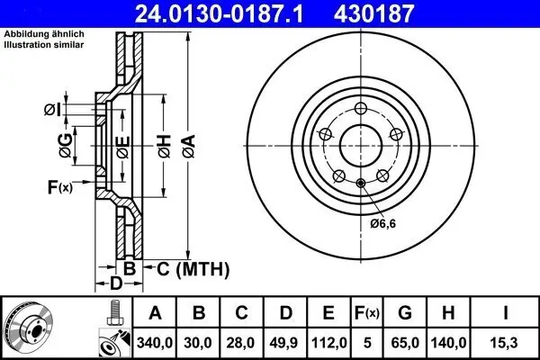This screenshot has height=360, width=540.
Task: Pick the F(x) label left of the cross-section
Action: (x=60, y=187)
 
